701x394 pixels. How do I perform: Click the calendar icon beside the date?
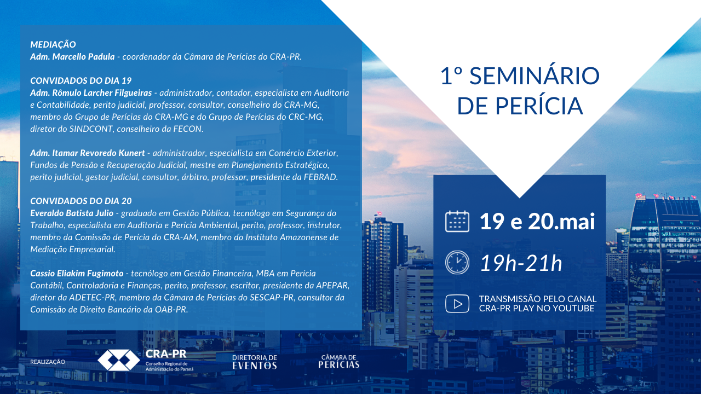(457, 222)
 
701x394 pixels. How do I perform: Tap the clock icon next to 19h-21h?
(457, 263)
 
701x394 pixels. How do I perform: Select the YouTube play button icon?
(457, 304)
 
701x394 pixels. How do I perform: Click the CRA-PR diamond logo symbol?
(119, 360)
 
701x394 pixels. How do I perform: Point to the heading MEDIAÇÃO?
(53, 44)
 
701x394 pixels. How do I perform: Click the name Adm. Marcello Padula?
(72, 56)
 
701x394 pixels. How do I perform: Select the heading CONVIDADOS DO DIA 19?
(81, 80)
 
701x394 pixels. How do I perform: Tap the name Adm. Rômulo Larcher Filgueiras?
(91, 93)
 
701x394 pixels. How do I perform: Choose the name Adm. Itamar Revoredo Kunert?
(87, 153)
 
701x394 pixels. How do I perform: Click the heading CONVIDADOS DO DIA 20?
(81, 201)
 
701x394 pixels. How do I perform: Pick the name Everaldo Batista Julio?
(72, 213)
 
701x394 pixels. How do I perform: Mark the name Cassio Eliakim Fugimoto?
(77, 273)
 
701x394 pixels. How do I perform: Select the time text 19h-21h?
(521, 263)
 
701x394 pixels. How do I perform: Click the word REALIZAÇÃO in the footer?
(48, 362)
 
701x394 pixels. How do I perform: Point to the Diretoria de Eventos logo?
(255, 362)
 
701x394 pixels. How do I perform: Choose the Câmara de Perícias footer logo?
(338, 362)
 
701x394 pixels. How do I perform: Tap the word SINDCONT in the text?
(91, 129)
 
